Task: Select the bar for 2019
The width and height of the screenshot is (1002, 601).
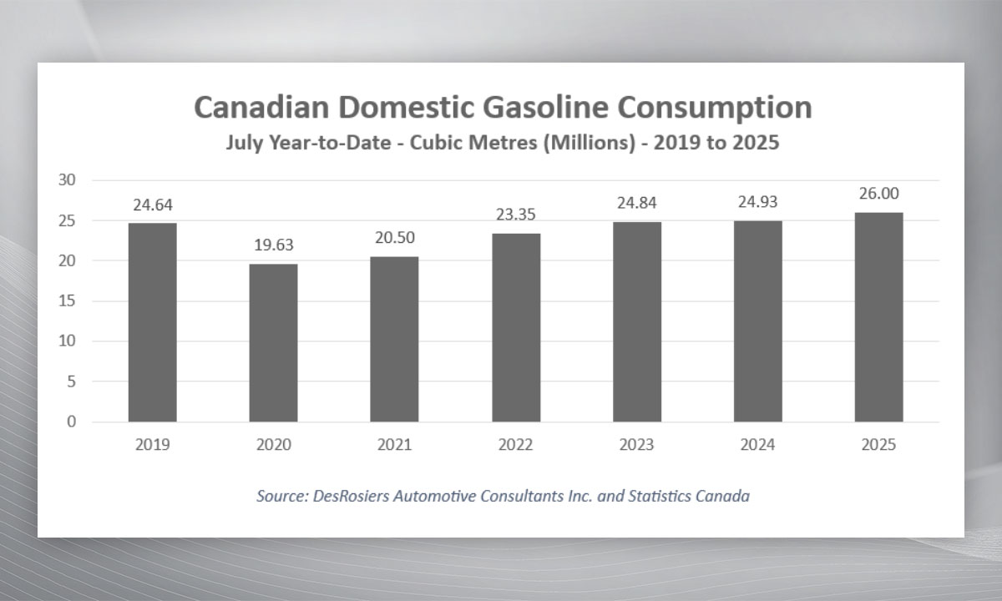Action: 152,322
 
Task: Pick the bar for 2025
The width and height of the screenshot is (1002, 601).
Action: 878,317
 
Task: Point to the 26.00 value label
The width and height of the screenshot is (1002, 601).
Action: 878,194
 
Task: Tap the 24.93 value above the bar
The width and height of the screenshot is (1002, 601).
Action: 757,202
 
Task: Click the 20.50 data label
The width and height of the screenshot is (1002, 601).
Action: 394,238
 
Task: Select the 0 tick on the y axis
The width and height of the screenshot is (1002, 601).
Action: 71,422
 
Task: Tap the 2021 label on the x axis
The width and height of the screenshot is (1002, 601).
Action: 394,445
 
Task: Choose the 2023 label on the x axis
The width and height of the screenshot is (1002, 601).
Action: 636,445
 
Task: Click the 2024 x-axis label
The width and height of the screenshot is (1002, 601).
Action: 757,445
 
